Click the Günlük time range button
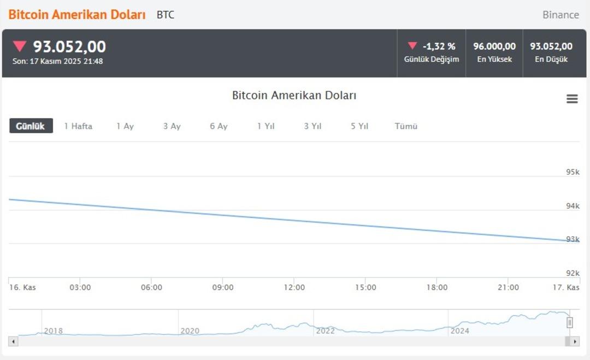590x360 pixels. pos(31,126)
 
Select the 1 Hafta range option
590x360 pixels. pos(78,126)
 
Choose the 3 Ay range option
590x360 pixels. pos(172,126)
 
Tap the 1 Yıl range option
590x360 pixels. pos(266,126)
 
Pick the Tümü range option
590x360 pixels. pos(406,126)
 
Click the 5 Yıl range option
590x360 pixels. pos(359,126)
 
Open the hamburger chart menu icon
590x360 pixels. pos(572,99)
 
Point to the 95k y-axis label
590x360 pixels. pos(573,172)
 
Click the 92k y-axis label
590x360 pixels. pos(573,273)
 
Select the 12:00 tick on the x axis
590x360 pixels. pos(294,287)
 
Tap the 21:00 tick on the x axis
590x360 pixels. pos(508,287)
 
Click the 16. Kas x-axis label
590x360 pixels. pos(22,287)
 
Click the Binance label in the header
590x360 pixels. pos(560,15)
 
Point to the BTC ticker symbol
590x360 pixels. pos(166,15)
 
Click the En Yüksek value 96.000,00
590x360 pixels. pos(494,46)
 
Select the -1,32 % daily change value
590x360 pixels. pos(439,46)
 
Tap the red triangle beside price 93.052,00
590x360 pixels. pos(20,46)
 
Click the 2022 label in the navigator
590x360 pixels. pos(325,331)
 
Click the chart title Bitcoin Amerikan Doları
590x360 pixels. pos(294,96)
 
